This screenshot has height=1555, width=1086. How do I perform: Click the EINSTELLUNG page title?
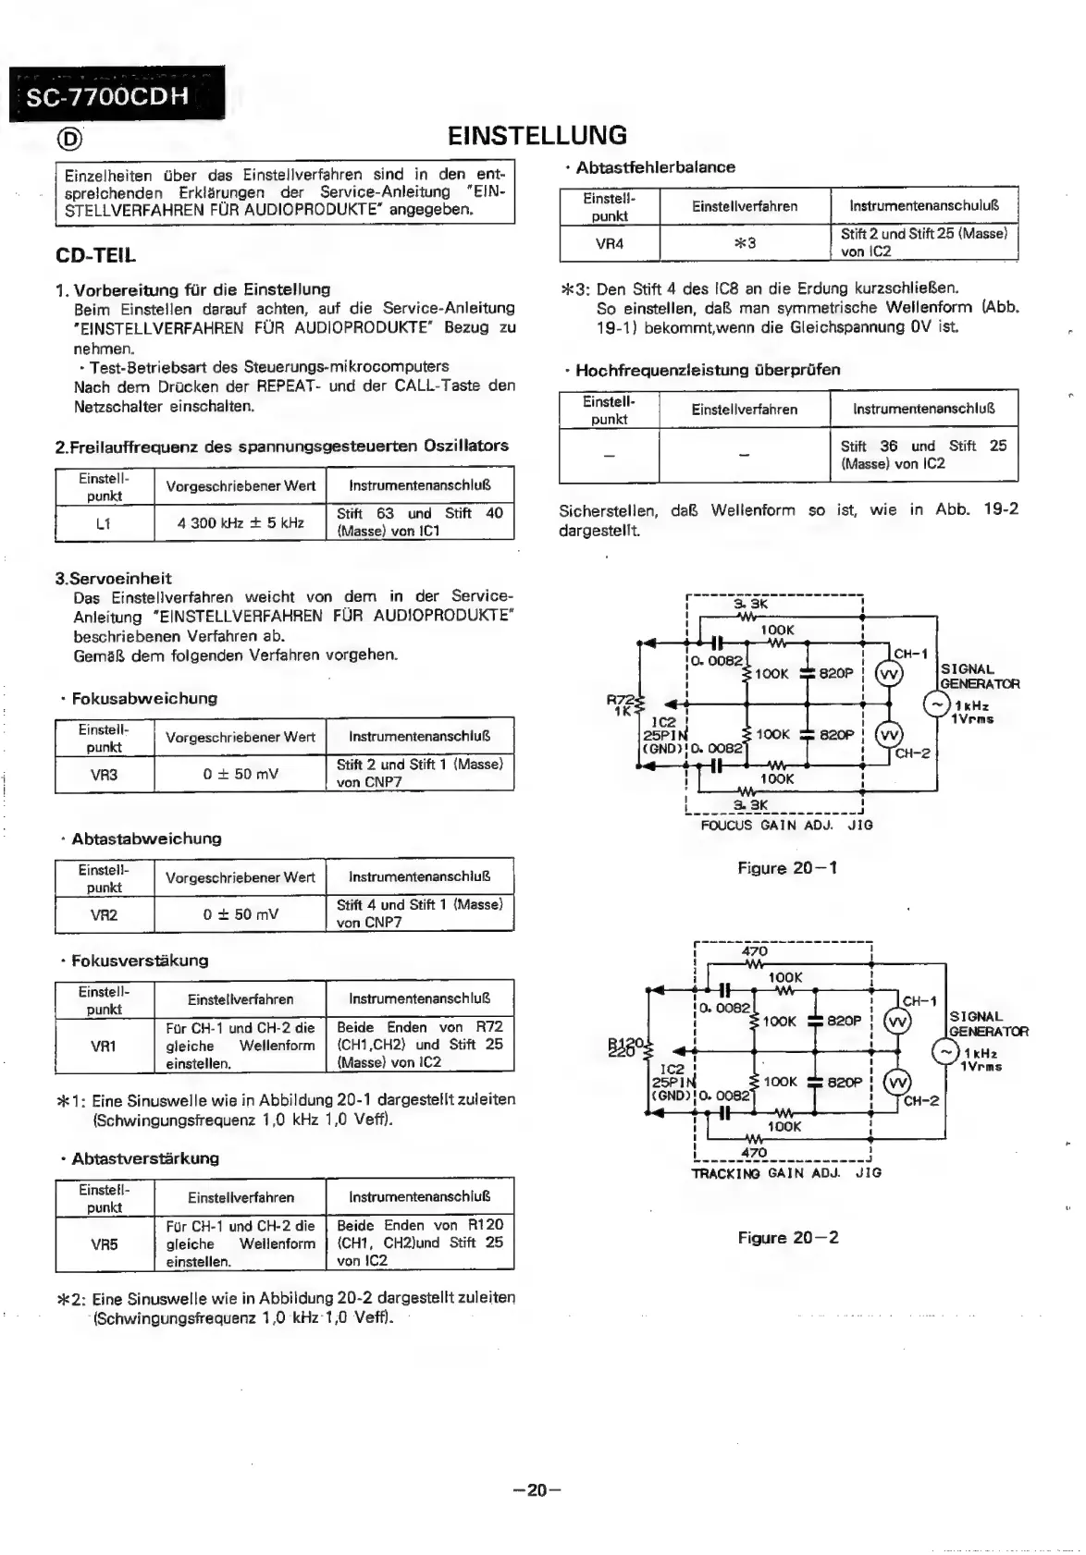537,136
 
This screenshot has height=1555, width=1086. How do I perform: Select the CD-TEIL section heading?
95,254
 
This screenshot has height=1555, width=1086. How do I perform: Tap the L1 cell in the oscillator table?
104,522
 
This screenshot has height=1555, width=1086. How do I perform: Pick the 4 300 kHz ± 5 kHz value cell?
240,522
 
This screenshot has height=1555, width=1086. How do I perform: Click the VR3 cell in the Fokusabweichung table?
104,774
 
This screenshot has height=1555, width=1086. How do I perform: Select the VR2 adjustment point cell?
104,914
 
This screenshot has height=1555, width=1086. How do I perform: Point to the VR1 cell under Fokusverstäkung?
104,1046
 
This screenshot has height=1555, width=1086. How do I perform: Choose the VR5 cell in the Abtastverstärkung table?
104,1243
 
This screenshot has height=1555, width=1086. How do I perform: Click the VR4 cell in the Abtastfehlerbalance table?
609,243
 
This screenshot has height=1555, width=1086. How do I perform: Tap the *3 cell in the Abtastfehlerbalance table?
745,243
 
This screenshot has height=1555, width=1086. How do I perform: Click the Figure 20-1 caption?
787,868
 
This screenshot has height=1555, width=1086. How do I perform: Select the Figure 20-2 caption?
788,1238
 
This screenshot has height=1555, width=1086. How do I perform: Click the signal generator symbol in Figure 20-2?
945,1052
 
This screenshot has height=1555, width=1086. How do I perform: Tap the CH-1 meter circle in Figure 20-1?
889,674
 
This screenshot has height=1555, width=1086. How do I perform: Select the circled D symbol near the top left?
69,139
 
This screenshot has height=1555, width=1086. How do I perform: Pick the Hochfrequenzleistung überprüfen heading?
708,370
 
